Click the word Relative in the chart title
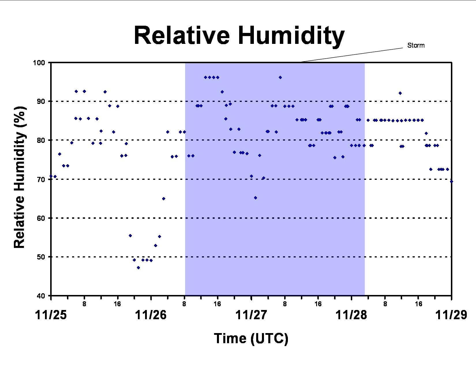point(182,35)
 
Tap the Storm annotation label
point(416,45)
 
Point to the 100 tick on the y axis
point(39,63)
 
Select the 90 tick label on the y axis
point(41,102)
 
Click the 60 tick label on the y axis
point(41,218)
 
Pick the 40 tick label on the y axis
point(41,296)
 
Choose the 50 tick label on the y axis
point(41,257)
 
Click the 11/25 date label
point(50,315)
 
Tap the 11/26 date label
point(151,315)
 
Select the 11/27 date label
point(251,315)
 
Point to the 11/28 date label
point(351,315)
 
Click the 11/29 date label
point(451,315)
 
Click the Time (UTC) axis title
point(251,338)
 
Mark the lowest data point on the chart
point(138,268)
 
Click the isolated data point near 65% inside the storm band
point(255,198)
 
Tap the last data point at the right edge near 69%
point(451,182)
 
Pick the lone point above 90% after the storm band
point(400,93)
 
